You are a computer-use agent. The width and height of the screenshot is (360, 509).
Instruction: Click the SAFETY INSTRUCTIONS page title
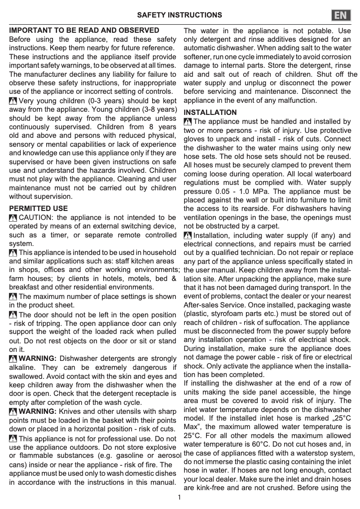(180, 15)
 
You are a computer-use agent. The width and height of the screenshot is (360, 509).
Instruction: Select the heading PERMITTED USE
(39, 209)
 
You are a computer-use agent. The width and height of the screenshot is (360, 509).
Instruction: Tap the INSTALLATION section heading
(210, 112)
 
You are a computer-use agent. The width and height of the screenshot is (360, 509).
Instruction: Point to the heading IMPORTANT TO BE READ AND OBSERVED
(84, 31)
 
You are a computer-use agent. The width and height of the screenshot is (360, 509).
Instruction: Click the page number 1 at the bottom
(180, 497)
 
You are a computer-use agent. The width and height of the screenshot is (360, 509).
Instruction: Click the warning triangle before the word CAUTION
(13, 218)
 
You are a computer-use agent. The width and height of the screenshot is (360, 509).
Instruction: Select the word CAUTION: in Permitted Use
(36, 218)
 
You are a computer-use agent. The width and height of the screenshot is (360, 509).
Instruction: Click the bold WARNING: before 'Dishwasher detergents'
(38, 359)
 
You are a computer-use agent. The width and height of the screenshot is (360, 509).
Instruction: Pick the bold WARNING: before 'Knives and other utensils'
(38, 411)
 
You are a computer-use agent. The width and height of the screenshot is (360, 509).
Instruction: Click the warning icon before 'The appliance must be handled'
(188, 122)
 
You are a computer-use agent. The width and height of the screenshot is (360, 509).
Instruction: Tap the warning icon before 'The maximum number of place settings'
(13, 297)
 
